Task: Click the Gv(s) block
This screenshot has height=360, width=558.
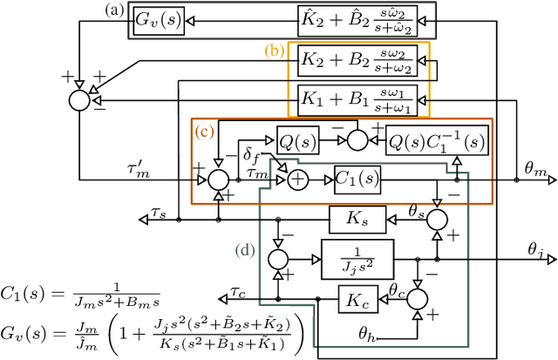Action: pyautogui.click(x=158, y=19)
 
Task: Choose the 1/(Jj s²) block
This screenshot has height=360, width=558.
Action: pyautogui.click(x=357, y=259)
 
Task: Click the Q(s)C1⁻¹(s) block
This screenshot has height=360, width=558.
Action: pyautogui.click(x=425, y=137)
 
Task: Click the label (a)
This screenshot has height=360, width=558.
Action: pyautogui.click(x=112, y=10)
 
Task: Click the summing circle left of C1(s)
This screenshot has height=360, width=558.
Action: pyautogui.click(x=298, y=180)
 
